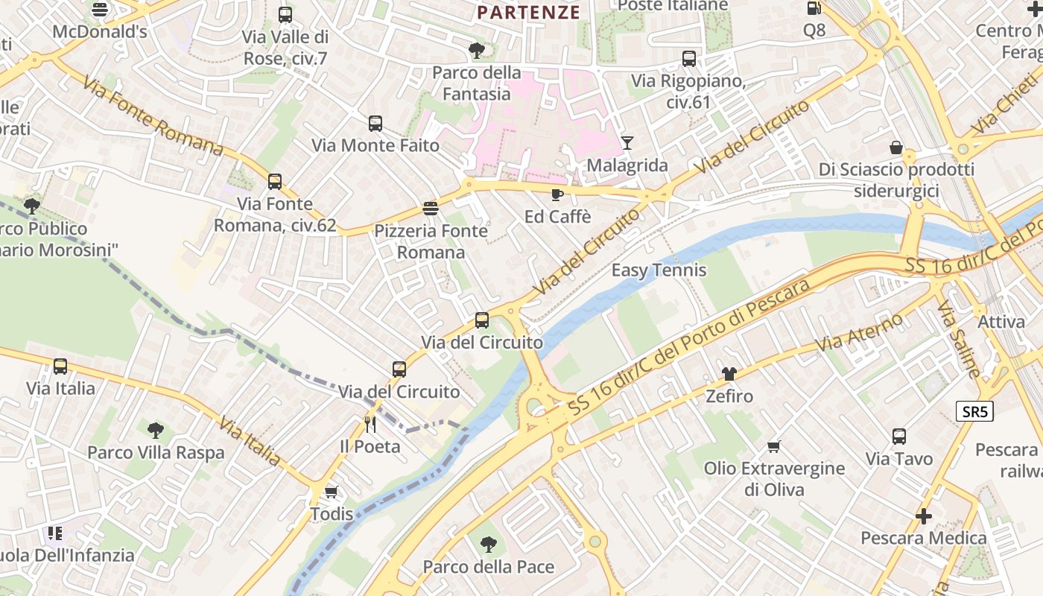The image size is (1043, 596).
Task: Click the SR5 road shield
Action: tap(974, 411)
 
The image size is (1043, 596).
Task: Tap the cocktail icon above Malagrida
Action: tap(627, 142)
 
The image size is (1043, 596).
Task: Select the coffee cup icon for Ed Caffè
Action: tap(557, 194)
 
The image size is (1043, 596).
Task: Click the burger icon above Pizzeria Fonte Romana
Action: tap(431, 208)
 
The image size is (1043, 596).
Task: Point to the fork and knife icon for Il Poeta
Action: tap(370, 424)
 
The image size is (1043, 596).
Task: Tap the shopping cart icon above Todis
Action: tap(332, 492)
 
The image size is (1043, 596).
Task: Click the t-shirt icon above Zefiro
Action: tap(729, 374)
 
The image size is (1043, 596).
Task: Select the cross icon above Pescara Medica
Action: tap(923, 516)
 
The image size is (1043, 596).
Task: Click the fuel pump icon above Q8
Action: tap(814, 8)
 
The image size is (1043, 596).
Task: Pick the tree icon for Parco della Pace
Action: tap(489, 545)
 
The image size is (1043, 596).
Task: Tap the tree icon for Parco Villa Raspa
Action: tap(155, 430)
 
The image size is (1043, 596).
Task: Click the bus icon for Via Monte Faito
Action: tap(375, 124)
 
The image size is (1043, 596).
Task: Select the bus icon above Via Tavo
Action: tap(899, 437)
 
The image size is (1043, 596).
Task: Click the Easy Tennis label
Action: tap(659, 270)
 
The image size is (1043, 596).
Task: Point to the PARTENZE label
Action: tap(528, 12)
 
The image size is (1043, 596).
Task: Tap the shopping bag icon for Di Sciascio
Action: tap(896, 148)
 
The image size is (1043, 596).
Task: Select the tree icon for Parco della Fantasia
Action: tap(476, 51)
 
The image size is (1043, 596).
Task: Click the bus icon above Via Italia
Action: tap(60, 367)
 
